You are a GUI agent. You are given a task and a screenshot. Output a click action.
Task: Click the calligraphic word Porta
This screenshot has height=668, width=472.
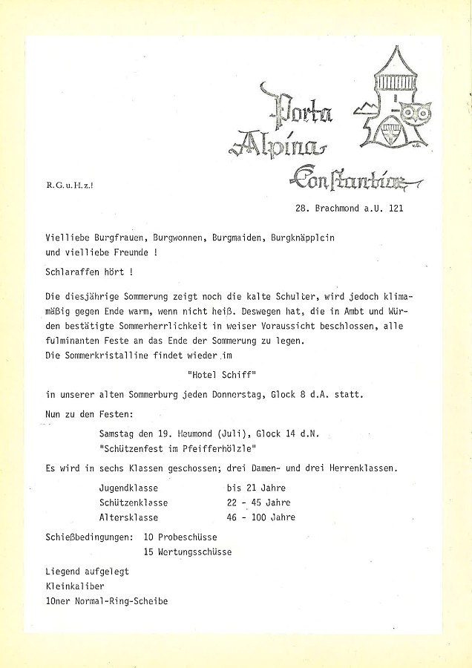tap(304, 110)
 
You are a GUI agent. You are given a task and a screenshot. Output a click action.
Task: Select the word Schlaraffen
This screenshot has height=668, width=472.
tap(74, 272)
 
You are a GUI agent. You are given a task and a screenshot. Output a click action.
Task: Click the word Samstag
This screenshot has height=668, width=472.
tap(119, 432)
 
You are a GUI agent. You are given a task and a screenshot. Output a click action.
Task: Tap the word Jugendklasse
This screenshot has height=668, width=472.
tap(128, 488)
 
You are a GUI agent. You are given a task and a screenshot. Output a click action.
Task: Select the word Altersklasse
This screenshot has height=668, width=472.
tap(128, 517)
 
